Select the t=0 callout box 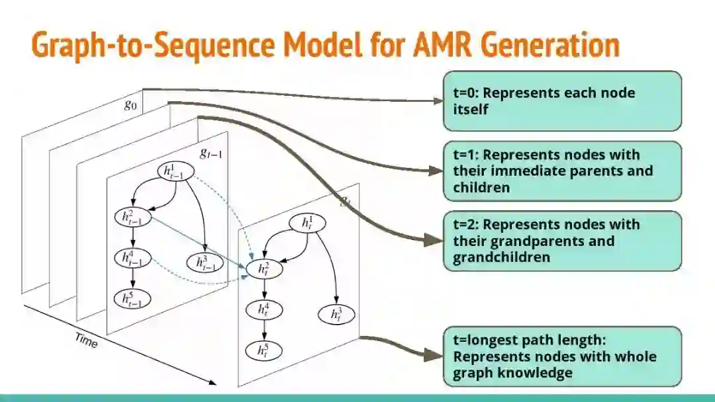click(x=561, y=101)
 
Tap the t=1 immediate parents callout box click(x=561, y=171)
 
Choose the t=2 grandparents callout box click(x=561, y=241)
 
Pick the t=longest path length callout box click(x=561, y=356)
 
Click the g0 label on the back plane click(x=130, y=105)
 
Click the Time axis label click(x=86, y=341)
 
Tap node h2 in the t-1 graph click(x=132, y=217)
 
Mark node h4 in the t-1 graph click(x=132, y=259)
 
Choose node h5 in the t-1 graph click(x=132, y=300)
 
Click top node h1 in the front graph click(x=307, y=223)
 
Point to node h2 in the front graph click(x=264, y=269)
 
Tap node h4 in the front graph click(x=264, y=309)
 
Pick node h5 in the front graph click(x=264, y=350)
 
